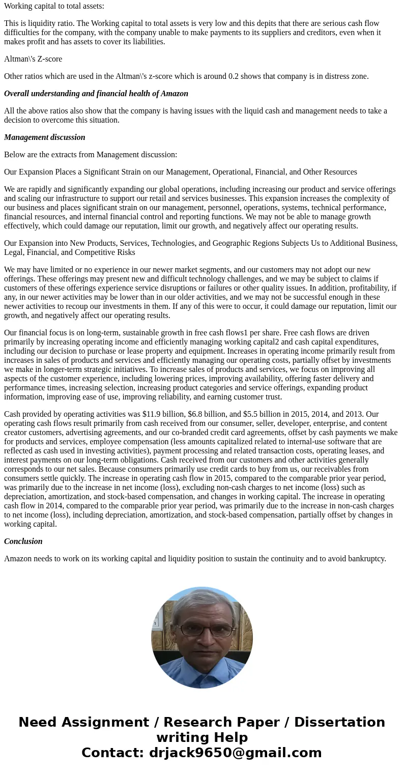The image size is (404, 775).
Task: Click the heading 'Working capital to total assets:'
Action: (54, 6)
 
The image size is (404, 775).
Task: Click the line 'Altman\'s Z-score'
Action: (33, 59)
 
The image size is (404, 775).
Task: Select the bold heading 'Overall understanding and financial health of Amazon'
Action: (96, 94)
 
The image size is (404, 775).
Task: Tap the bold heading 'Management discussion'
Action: (45, 137)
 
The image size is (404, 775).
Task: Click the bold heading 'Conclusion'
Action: (23, 541)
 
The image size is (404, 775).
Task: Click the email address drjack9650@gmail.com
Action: (235, 753)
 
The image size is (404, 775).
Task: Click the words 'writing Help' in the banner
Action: (202, 737)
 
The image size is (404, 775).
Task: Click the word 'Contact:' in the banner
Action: (113, 753)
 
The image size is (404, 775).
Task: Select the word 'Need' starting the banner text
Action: (40, 722)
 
